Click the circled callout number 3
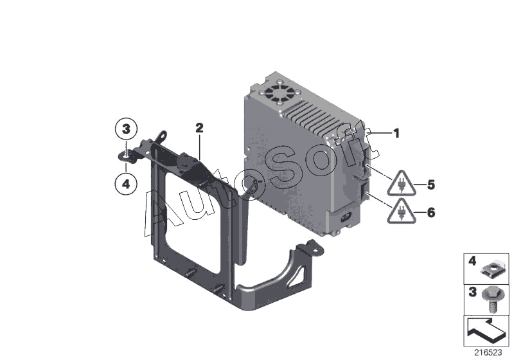click(126, 129)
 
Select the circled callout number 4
click(126, 184)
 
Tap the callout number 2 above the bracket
click(199, 128)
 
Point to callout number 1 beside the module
click(396, 134)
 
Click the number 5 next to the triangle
click(431, 185)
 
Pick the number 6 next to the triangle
click(431, 212)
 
